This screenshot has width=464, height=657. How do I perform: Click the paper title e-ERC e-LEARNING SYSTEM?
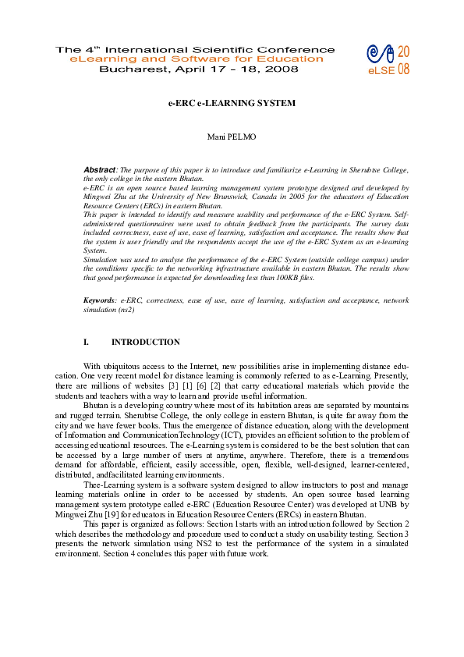point(232,102)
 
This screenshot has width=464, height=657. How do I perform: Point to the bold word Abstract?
point(99,169)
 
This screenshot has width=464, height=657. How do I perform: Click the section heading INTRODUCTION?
point(146,342)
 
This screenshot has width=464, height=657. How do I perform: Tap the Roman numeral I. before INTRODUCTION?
point(87,342)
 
